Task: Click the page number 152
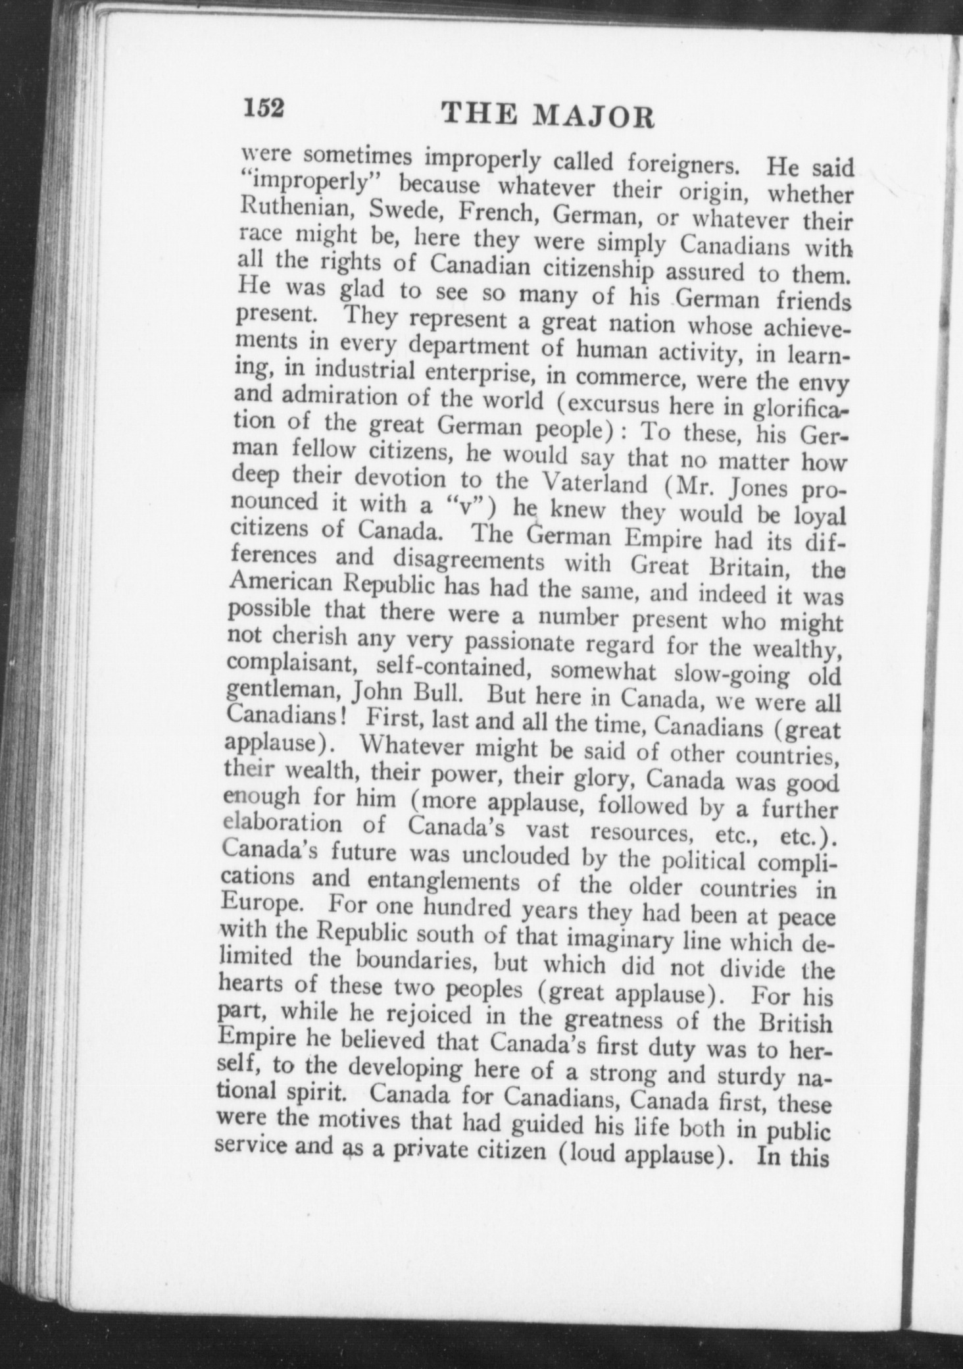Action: coord(264,108)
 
